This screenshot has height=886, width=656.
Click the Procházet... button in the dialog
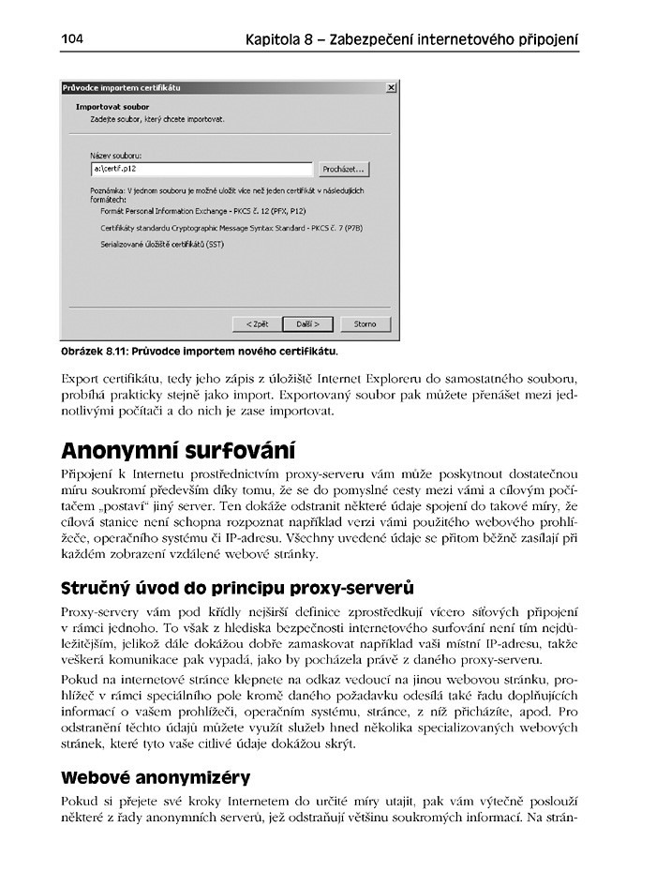click(x=344, y=170)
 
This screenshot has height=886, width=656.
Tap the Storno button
click(x=365, y=323)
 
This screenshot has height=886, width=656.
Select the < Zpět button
click(x=257, y=323)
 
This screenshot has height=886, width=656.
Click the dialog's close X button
click(x=391, y=87)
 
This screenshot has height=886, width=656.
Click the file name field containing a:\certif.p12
click(x=201, y=170)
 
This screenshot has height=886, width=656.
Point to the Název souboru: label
click(x=115, y=155)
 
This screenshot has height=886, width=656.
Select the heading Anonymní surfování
click(x=177, y=447)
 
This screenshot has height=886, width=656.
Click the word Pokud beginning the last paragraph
click(x=79, y=803)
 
